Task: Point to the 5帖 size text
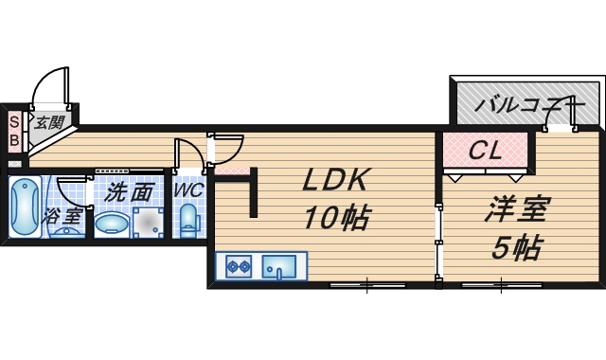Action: point(517,247)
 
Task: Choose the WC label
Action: point(188,189)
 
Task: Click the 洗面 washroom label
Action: point(129,190)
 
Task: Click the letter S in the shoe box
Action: point(14,121)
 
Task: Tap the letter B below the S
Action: point(14,140)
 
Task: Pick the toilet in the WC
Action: point(188,221)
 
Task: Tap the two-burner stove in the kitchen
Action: point(238,267)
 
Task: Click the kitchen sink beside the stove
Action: point(278,267)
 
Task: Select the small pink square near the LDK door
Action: point(237,171)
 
